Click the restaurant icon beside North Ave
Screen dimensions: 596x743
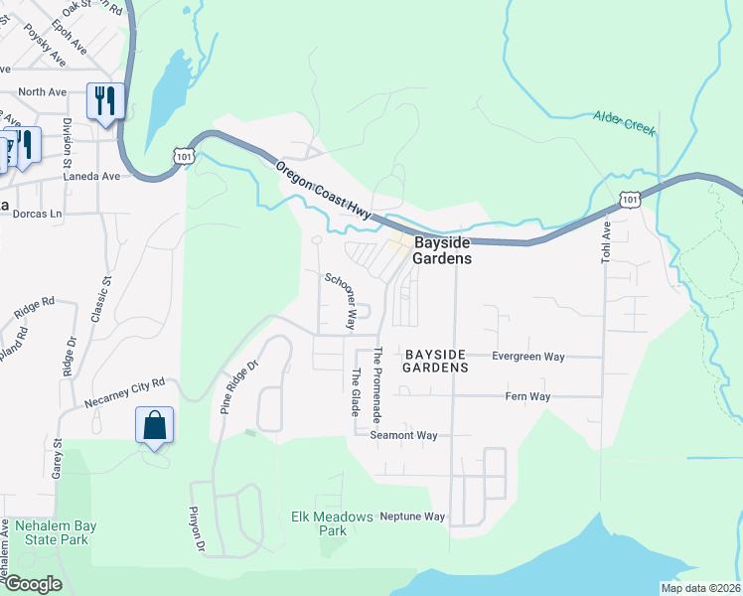(104, 101)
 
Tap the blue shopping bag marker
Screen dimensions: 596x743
(154, 425)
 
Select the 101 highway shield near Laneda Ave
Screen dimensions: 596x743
(183, 156)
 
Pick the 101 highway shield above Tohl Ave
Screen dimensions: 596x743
(629, 199)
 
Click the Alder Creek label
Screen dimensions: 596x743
(625, 123)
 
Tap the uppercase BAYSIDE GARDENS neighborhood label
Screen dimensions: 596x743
(435, 361)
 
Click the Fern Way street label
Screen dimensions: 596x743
(528, 396)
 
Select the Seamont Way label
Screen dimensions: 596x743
(403, 435)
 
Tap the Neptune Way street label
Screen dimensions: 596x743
(412, 517)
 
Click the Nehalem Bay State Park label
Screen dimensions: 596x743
(51, 532)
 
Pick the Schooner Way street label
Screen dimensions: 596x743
(340, 300)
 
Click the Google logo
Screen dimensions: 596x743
(32, 584)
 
